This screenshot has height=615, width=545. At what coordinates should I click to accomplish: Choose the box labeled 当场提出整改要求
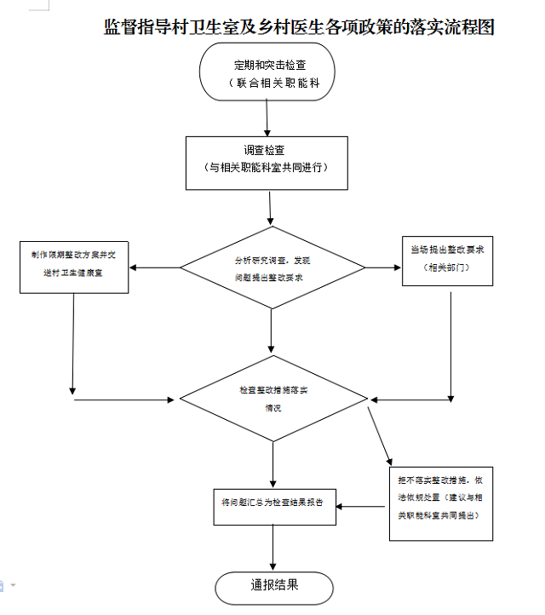(x=447, y=260)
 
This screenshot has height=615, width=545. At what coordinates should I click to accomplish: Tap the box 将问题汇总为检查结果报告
(x=272, y=507)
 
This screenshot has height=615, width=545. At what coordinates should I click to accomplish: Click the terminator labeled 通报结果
(x=273, y=586)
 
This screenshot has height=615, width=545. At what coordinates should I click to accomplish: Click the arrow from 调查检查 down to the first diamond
(x=271, y=208)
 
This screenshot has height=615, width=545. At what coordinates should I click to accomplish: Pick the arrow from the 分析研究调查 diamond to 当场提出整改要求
(x=383, y=269)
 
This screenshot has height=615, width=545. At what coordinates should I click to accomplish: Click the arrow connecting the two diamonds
(x=272, y=332)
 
